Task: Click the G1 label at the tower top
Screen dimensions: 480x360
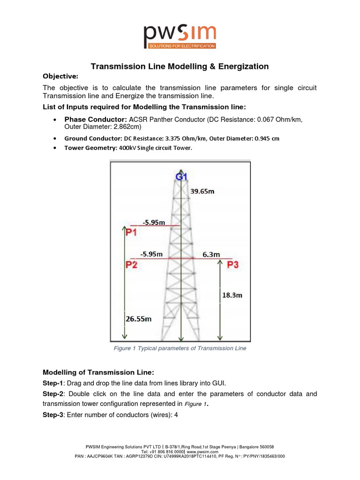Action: click(x=181, y=177)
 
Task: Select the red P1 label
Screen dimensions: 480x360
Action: click(x=131, y=232)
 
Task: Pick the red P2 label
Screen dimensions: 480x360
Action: click(x=131, y=265)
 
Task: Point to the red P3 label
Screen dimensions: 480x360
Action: click(x=232, y=265)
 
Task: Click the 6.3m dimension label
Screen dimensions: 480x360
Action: click(x=211, y=254)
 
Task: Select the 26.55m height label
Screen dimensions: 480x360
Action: click(x=139, y=319)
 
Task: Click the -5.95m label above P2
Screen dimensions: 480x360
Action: click(x=151, y=254)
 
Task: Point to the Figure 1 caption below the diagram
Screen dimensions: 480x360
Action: click(x=180, y=348)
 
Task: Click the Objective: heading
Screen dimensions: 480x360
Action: click(x=60, y=76)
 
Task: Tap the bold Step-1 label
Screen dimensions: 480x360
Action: click(x=53, y=383)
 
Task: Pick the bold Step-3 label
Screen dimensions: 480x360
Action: click(x=53, y=414)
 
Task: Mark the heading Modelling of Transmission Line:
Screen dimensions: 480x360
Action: click(x=98, y=372)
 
